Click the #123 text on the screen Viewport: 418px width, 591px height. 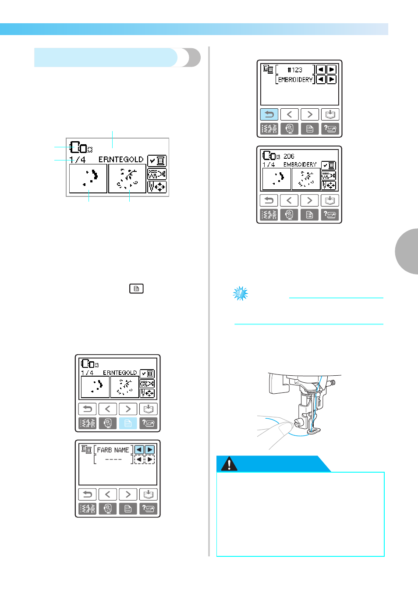point(295,70)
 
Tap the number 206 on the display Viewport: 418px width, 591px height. point(289,156)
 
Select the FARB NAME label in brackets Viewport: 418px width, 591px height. point(113,450)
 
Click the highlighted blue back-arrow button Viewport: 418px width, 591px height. point(269,114)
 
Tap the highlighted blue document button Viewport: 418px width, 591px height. point(128,423)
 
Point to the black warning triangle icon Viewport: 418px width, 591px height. point(229,463)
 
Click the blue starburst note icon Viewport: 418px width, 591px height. point(240,293)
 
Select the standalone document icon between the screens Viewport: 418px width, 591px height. point(136,288)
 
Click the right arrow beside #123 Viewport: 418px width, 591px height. point(332,70)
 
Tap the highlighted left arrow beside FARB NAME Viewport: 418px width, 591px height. point(139,449)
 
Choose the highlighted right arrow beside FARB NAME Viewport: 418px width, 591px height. point(149,449)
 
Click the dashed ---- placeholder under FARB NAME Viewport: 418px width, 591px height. point(113,459)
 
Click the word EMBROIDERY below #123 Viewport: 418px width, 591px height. point(295,80)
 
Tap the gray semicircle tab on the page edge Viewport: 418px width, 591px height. point(407,252)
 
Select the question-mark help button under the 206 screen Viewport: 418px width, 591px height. point(329,214)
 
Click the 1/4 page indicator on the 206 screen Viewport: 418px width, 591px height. point(269,165)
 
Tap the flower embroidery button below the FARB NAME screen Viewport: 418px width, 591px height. point(108,509)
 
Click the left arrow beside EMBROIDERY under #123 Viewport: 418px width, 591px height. point(321,79)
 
